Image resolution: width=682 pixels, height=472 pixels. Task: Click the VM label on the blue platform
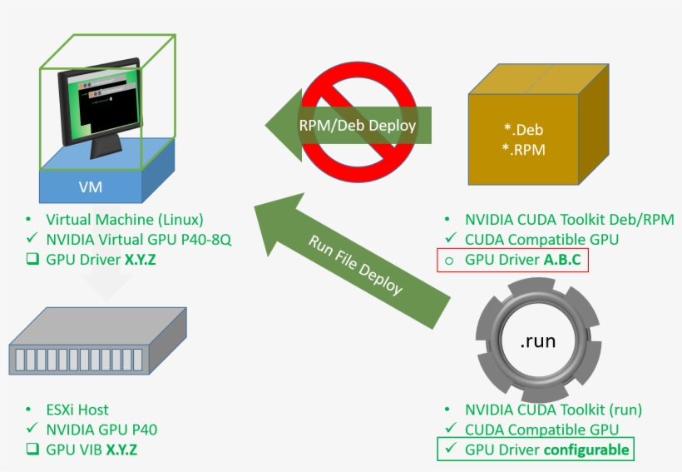(90, 186)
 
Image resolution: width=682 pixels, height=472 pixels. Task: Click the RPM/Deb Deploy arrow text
(357, 126)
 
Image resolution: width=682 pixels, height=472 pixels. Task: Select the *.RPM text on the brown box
(524, 151)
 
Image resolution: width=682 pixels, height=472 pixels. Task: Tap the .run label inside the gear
(538, 341)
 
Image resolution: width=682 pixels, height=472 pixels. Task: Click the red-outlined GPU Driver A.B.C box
(513, 260)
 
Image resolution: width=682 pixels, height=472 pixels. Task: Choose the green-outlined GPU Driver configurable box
(536, 450)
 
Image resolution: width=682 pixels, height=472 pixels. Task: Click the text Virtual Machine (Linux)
(124, 220)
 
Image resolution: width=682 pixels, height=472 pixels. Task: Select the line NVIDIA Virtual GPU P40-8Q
(138, 240)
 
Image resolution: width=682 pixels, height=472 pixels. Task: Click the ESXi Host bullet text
(77, 410)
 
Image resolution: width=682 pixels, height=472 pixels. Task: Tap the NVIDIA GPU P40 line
(101, 430)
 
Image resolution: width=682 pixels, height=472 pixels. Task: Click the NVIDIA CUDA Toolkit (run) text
(553, 410)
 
